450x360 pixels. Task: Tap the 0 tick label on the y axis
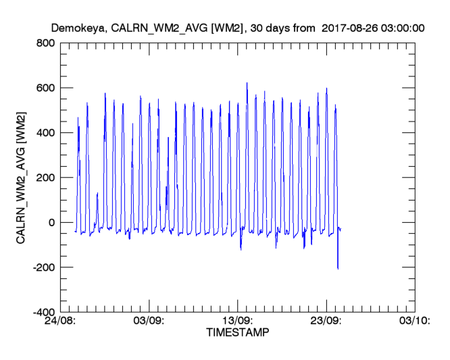click(51, 223)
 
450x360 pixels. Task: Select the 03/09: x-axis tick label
click(150, 322)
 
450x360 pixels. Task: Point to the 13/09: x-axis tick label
click(238, 322)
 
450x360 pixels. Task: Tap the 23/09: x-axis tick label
click(326, 322)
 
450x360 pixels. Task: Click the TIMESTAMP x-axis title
click(237, 333)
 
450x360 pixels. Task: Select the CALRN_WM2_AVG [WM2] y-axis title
click(22, 178)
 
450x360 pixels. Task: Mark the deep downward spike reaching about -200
click(338, 268)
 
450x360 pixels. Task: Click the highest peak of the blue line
click(247, 83)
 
